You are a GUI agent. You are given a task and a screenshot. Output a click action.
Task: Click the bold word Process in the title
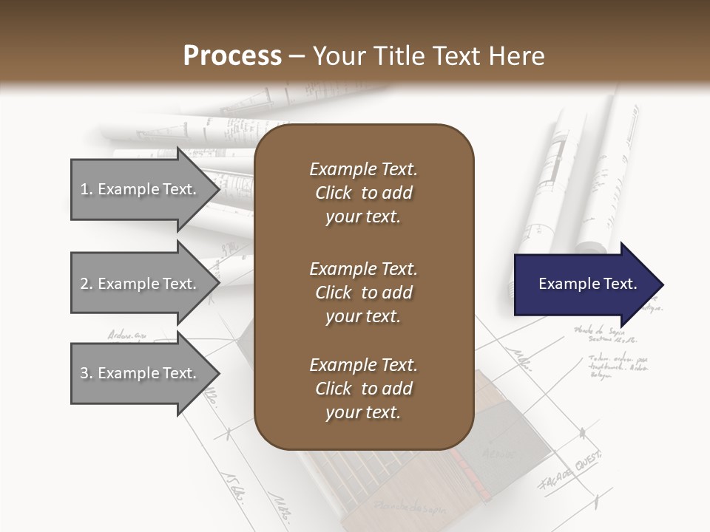click(232, 56)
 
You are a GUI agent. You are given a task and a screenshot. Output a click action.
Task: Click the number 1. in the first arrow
click(87, 189)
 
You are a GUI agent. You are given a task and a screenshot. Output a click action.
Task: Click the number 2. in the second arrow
click(87, 284)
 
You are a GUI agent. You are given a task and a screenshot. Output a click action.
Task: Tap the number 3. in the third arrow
click(87, 373)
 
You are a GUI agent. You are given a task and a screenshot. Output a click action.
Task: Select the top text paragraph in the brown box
click(363, 193)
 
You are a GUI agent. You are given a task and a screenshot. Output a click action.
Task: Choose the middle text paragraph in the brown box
click(363, 292)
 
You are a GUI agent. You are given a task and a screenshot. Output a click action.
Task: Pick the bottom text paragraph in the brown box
click(363, 389)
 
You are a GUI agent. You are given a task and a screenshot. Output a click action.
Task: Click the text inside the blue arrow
click(588, 284)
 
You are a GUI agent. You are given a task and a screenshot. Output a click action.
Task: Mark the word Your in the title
click(337, 56)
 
